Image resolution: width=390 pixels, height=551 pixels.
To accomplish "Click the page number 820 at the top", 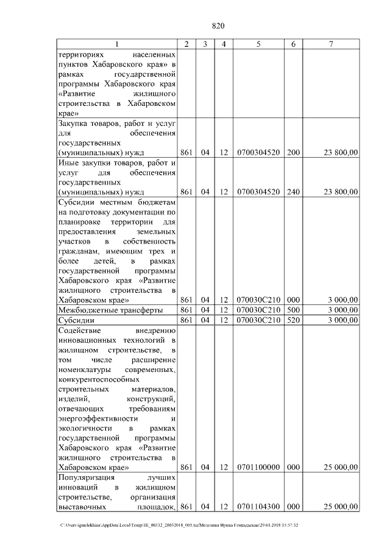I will pyautogui.click(x=218, y=26).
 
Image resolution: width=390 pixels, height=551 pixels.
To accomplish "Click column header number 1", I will pyautogui.click(x=117, y=44).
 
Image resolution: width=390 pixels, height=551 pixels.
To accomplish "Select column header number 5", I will pyautogui.click(x=258, y=44).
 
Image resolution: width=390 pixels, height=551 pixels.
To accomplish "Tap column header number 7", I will pyautogui.click(x=330, y=44).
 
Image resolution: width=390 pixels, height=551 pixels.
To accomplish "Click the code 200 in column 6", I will pyautogui.click(x=293, y=152).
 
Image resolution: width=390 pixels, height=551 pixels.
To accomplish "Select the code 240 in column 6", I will pyautogui.click(x=293, y=192).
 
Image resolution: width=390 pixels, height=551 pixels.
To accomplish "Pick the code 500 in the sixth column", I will pyautogui.click(x=293, y=310).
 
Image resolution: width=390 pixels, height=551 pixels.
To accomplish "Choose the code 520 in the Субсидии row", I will pyautogui.click(x=293, y=320).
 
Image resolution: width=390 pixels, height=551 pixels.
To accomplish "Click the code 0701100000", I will pyautogui.click(x=258, y=467).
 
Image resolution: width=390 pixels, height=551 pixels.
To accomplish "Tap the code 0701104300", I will pyautogui.click(x=258, y=507).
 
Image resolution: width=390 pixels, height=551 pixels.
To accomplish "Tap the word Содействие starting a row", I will pyautogui.click(x=81, y=331).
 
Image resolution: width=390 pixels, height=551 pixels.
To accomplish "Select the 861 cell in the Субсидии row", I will pyautogui.click(x=187, y=320).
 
